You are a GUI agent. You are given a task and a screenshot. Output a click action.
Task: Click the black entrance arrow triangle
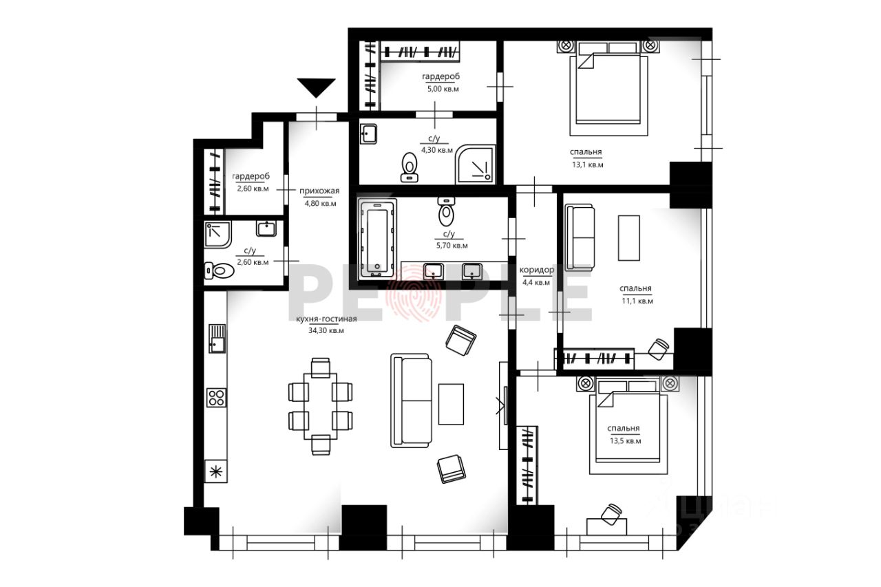[x=316, y=87]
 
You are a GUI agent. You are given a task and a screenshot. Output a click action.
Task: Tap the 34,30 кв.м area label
[x=326, y=330]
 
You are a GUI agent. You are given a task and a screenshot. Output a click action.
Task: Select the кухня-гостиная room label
[x=326, y=319]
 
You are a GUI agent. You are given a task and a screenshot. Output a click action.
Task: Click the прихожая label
[x=319, y=191]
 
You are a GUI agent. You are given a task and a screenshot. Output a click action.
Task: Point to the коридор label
[x=537, y=270]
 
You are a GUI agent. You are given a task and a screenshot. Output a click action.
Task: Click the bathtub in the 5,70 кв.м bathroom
[x=377, y=238]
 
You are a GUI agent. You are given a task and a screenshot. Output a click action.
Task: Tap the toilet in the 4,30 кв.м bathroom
[x=410, y=167]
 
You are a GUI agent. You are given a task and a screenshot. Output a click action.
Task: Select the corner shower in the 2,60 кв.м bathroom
[x=217, y=235]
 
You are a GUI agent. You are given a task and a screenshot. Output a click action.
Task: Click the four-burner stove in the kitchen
[x=217, y=398]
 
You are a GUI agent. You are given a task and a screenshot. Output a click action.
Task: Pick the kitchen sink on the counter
[x=217, y=339]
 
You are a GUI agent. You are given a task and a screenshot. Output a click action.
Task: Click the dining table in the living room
[x=320, y=406]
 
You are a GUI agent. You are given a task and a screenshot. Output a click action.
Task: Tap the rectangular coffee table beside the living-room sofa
[x=451, y=404]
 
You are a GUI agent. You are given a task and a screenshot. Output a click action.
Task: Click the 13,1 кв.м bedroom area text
[x=588, y=164]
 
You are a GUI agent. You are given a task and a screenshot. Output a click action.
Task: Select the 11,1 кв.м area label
[x=637, y=301]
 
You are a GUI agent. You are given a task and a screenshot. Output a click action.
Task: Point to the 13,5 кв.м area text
[x=626, y=441]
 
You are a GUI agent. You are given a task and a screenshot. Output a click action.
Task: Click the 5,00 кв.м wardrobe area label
[x=443, y=89]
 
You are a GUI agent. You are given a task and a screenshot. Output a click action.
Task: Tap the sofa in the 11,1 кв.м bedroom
[x=580, y=237]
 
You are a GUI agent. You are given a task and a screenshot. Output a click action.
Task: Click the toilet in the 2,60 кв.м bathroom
[x=219, y=270]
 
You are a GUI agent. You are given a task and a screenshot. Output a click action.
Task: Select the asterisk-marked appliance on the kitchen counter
[x=216, y=471]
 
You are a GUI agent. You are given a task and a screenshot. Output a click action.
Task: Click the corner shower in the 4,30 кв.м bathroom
[x=475, y=164]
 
